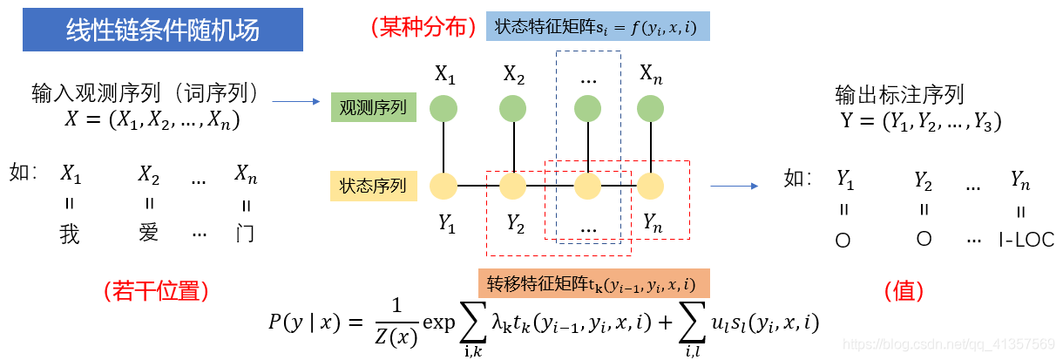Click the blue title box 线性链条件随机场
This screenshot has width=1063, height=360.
click(163, 31)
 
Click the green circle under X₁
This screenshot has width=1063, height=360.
click(445, 108)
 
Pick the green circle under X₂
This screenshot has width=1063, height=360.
click(513, 108)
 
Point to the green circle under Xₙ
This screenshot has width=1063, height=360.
click(651, 108)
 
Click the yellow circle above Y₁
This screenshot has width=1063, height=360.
click(445, 186)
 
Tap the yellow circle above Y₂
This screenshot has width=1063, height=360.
click(513, 186)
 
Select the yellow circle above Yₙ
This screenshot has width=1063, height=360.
click(651, 186)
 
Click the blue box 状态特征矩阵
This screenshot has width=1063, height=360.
click(599, 27)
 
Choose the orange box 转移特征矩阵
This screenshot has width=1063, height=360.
click(592, 283)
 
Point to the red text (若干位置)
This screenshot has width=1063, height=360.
click(156, 290)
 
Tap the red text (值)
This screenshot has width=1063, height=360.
click(904, 290)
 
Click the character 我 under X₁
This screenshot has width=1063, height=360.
click(70, 234)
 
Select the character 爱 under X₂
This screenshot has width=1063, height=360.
click(149, 234)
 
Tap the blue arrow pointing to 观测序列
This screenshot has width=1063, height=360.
click(296, 102)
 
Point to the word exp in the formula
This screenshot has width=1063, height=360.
click(439, 323)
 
